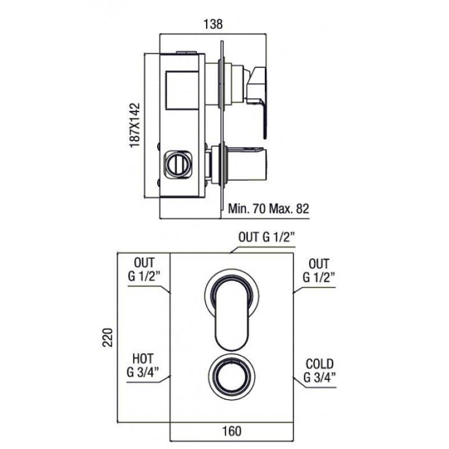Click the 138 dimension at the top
click(213, 24)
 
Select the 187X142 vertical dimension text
click(135, 125)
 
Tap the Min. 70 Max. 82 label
click(269, 208)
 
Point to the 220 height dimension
click(108, 338)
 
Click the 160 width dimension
click(232, 431)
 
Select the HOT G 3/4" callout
click(143, 366)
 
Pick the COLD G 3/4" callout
click(319, 371)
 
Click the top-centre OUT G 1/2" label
click(267, 237)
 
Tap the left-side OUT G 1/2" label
click(144, 269)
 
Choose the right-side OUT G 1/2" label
click(319, 271)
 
